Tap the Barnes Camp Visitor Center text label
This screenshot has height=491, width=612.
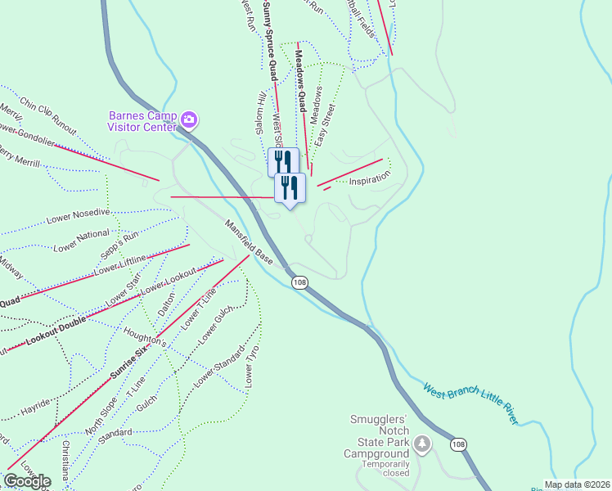coord(142,121)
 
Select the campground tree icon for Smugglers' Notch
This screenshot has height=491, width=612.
coord(422,444)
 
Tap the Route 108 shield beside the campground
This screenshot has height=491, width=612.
coord(459,444)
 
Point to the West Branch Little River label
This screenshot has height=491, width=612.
coord(470,403)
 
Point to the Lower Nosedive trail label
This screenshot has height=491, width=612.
coord(78,216)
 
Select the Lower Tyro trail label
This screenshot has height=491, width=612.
coord(251,367)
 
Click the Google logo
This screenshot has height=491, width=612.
coord(27,480)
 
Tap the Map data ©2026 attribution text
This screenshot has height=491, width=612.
coord(577,484)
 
